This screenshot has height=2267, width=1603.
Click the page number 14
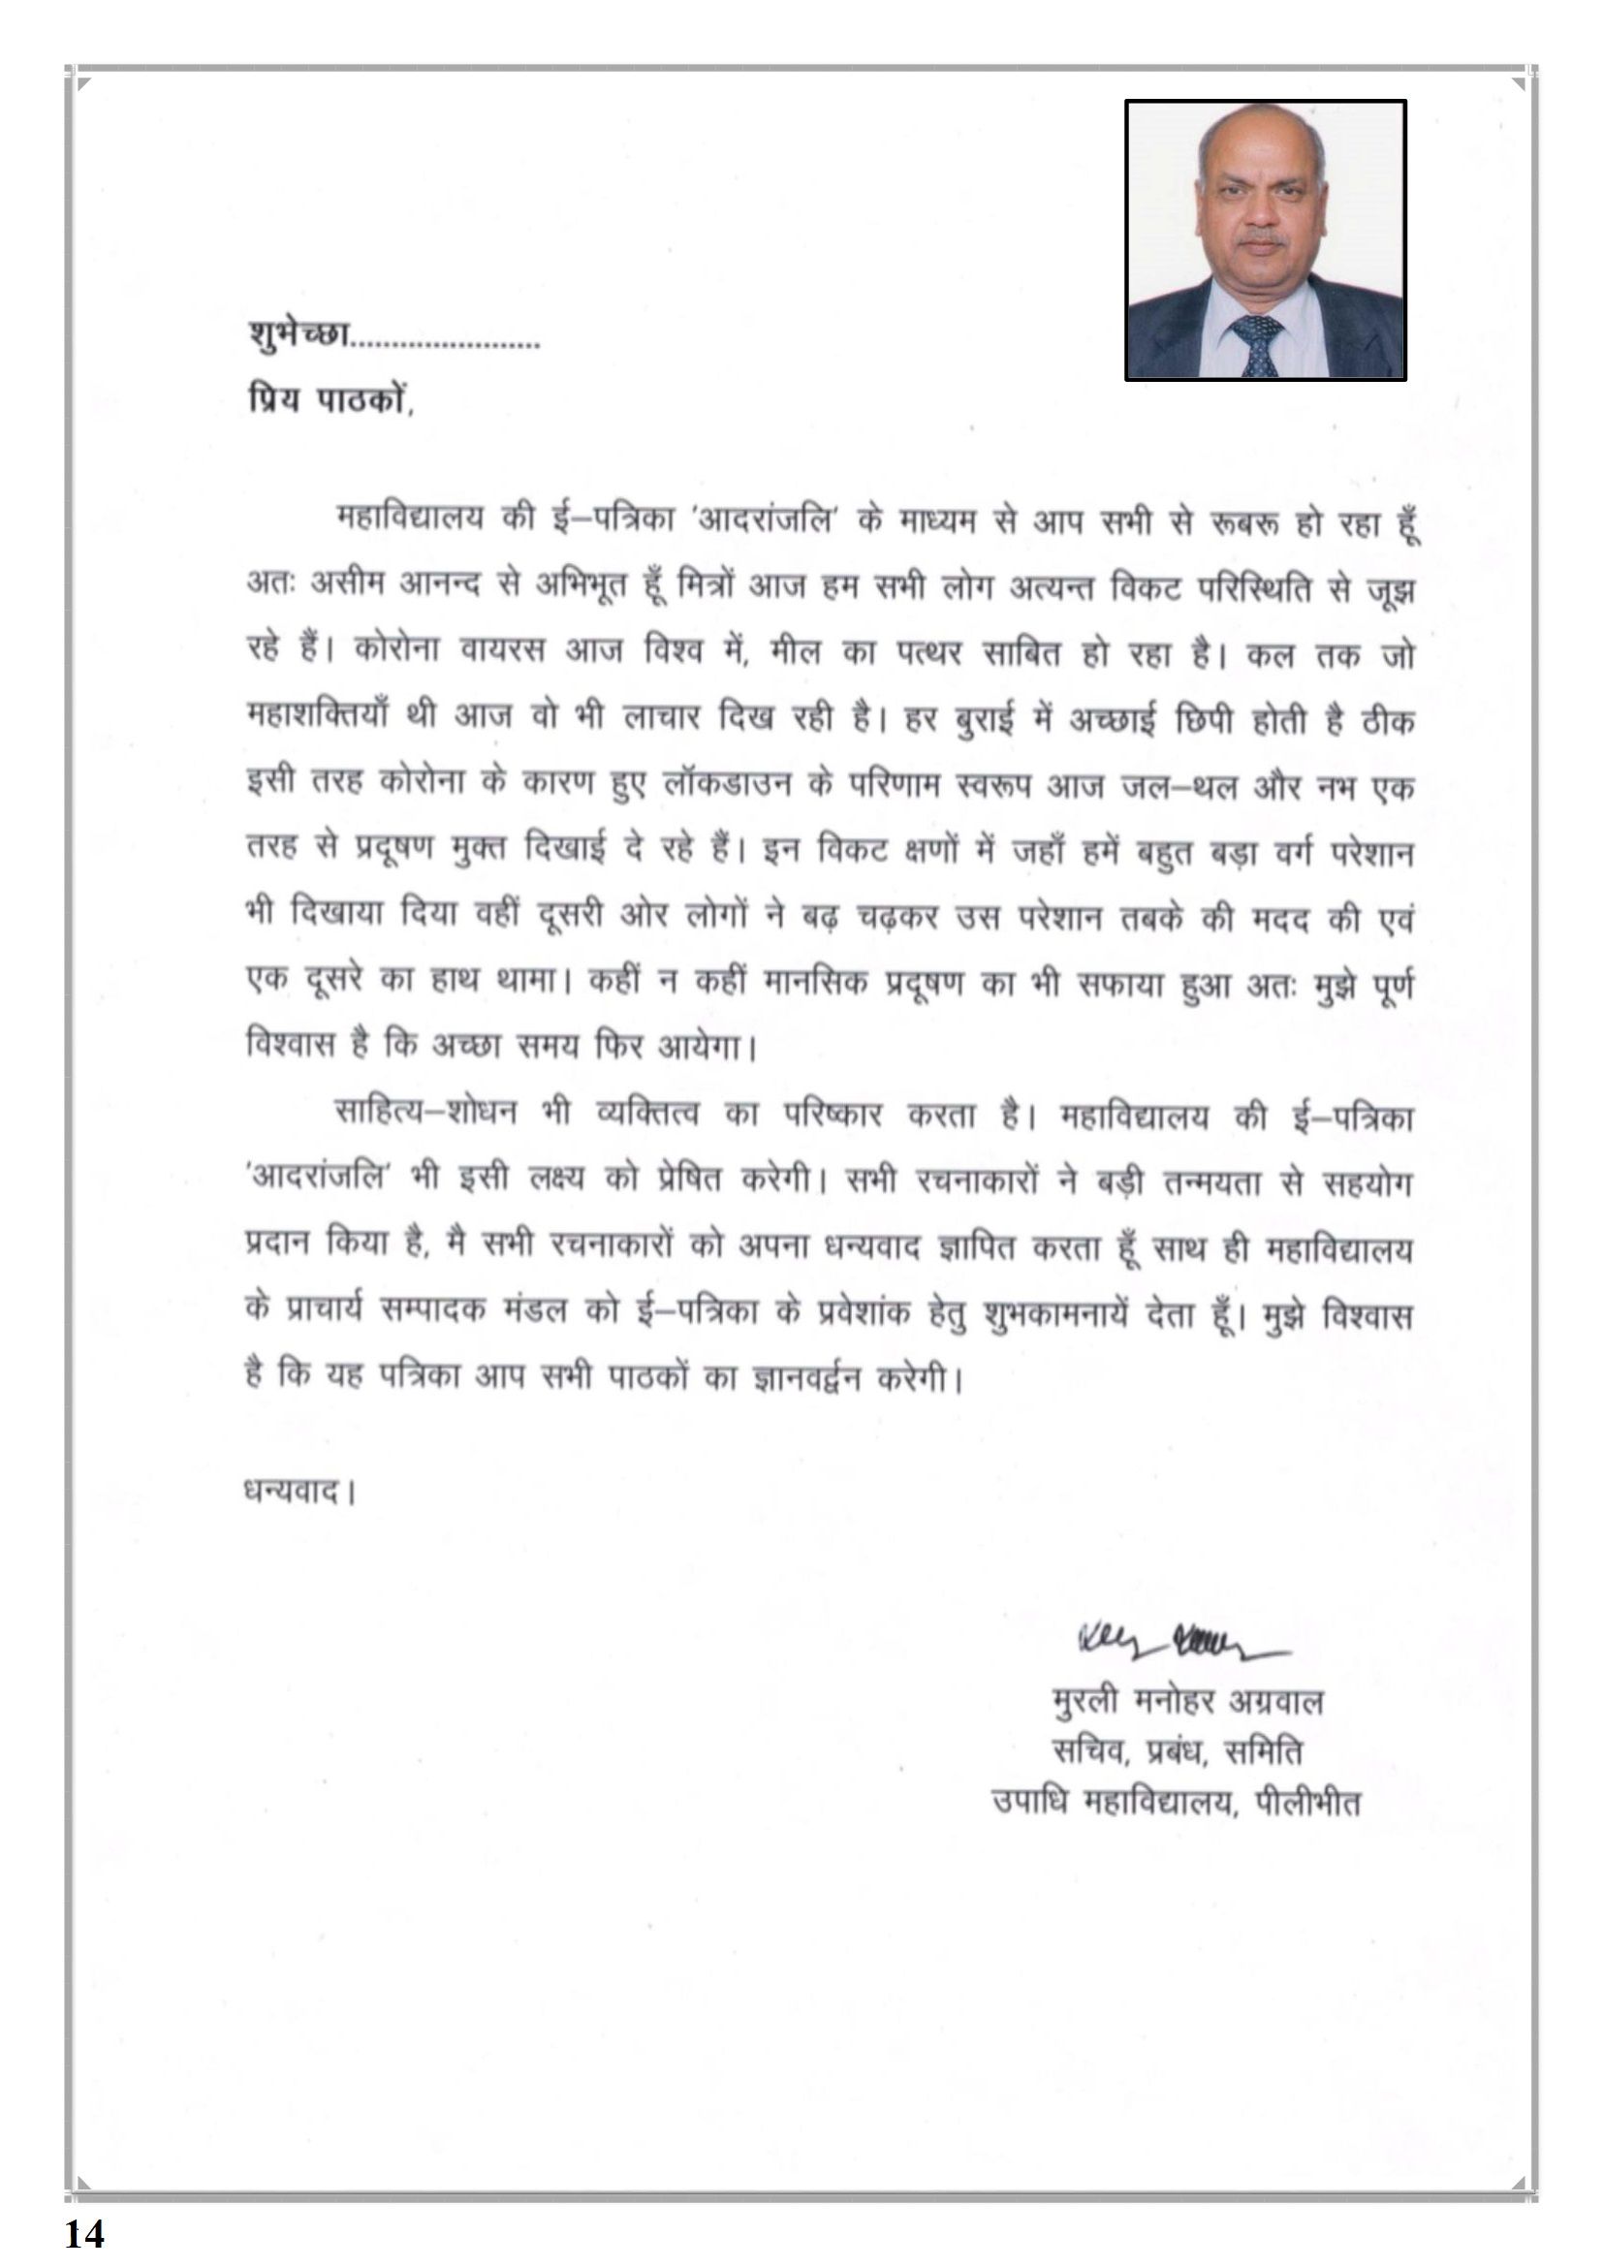click(x=85, y=2232)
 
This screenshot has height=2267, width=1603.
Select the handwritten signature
click(x=1179, y=1642)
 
